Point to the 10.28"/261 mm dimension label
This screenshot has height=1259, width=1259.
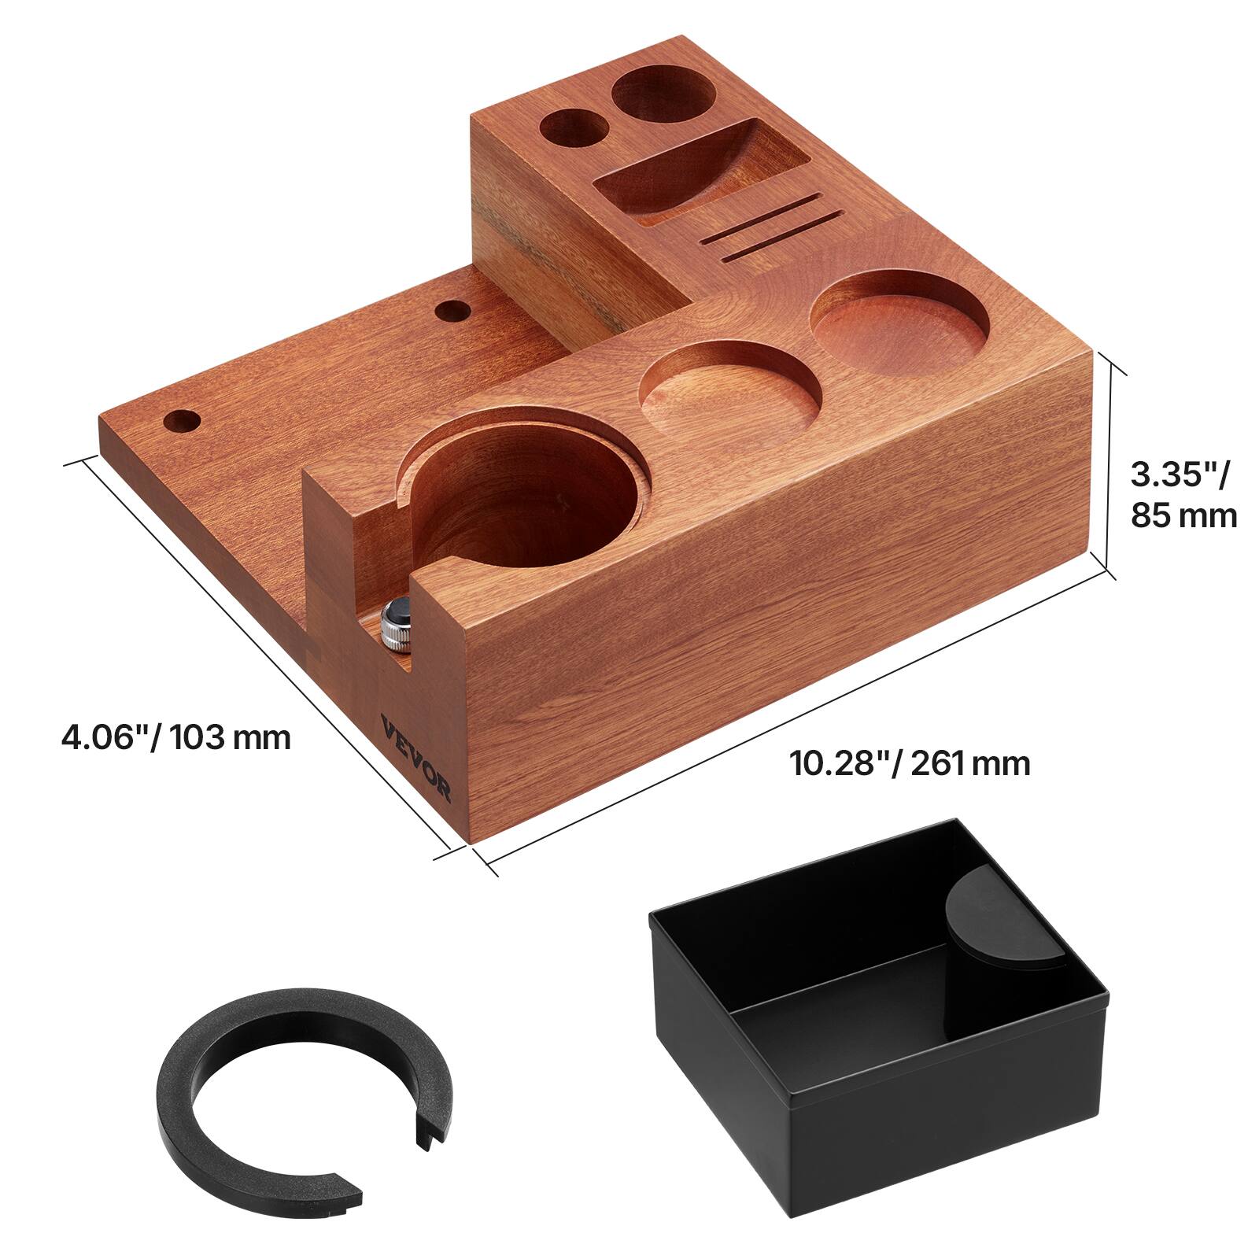(x=910, y=762)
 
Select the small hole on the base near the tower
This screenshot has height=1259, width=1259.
(x=452, y=311)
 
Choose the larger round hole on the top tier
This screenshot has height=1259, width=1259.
(x=663, y=94)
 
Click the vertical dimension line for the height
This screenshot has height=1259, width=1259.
(x=1112, y=464)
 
